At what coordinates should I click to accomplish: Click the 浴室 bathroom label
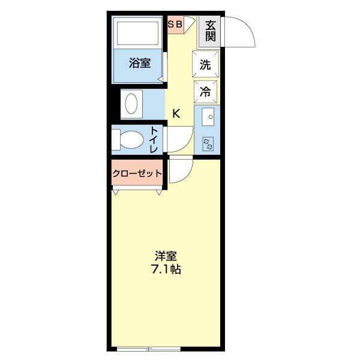click(139, 63)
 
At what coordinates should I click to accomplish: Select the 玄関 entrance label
click(210, 31)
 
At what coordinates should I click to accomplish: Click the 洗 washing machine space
click(205, 65)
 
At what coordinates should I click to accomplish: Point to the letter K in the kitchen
click(177, 113)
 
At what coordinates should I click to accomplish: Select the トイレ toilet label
click(154, 140)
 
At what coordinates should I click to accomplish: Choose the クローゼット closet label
click(137, 174)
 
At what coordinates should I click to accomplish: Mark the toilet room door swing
click(179, 141)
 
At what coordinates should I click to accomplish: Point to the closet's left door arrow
click(116, 193)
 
